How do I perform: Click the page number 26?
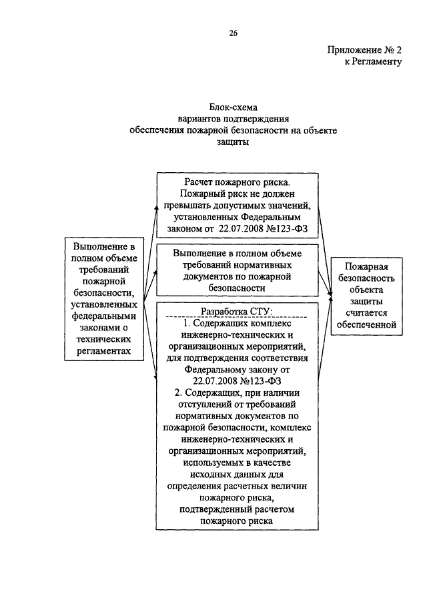pyautogui.click(x=234, y=33)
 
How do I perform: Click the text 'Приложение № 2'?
pyautogui.click(x=364, y=49)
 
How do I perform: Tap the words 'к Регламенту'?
pyautogui.click(x=373, y=61)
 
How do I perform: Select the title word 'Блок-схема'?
pyautogui.click(x=234, y=107)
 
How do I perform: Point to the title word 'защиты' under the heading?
pyautogui.click(x=233, y=141)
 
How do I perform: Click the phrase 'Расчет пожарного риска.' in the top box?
pyautogui.click(x=237, y=182)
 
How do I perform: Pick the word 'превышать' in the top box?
pyautogui.click(x=184, y=206)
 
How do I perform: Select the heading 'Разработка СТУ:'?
pyautogui.click(x=237, y=311)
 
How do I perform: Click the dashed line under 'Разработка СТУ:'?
pyautogui.click(x=237, y=317)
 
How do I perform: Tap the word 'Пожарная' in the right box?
pyautogui.click(x=366, y=266)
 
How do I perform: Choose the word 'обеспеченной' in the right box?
pyautogui.click(x=366, y=324)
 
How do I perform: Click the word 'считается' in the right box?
pyautogui.click(x=366, y=313)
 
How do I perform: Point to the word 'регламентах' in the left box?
pyautogui.click(x=104, y=351)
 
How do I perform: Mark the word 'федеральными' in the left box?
pyautogui.click(x=104, y=316)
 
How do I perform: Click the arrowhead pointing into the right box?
pyautogui.click(x=330, y=295)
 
